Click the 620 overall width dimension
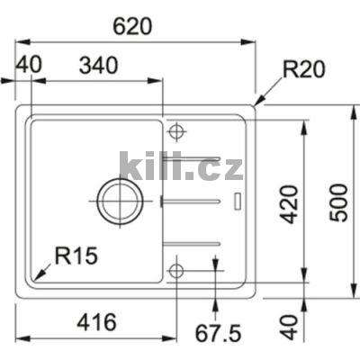(134, 26)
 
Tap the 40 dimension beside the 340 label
(29, 66)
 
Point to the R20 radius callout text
(303, 67)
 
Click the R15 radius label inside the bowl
(75, 256)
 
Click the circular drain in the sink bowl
(119, 200)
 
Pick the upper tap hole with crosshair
(175, 132)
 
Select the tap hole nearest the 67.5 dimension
(175, 269)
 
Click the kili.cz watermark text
(181, 167)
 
